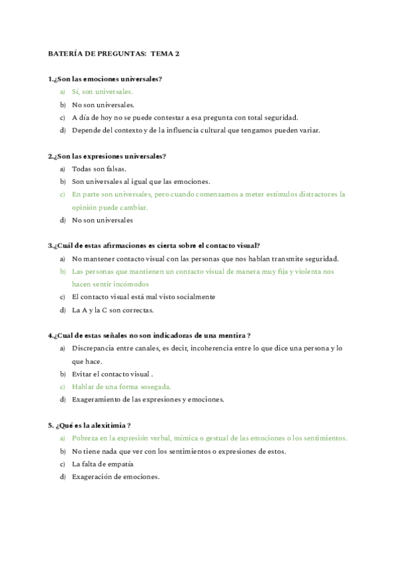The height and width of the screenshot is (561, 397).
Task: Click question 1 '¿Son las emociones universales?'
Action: [x=105, y=79]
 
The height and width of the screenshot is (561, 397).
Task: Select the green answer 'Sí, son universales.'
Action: [x=103, y=92]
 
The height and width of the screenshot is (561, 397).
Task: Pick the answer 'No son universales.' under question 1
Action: [x=103, y=105]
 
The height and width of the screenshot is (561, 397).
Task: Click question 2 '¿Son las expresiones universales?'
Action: [x=107, y=156]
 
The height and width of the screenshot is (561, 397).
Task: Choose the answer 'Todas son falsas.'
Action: [x=99, y=169]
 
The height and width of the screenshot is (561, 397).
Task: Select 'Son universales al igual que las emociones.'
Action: [x=141, y=181]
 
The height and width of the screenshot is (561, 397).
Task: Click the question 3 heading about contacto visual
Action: [x=154, y=245]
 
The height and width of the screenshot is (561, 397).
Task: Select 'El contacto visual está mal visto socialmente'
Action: [x=144, y=297]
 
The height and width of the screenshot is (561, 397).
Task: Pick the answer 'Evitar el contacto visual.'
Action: [x=113, y=374]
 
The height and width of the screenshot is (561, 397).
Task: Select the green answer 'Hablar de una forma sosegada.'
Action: [x=122, y=386]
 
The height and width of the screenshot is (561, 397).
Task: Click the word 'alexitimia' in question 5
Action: [x=109, y=425]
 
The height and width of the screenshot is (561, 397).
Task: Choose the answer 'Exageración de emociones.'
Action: [x=116, y=476]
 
